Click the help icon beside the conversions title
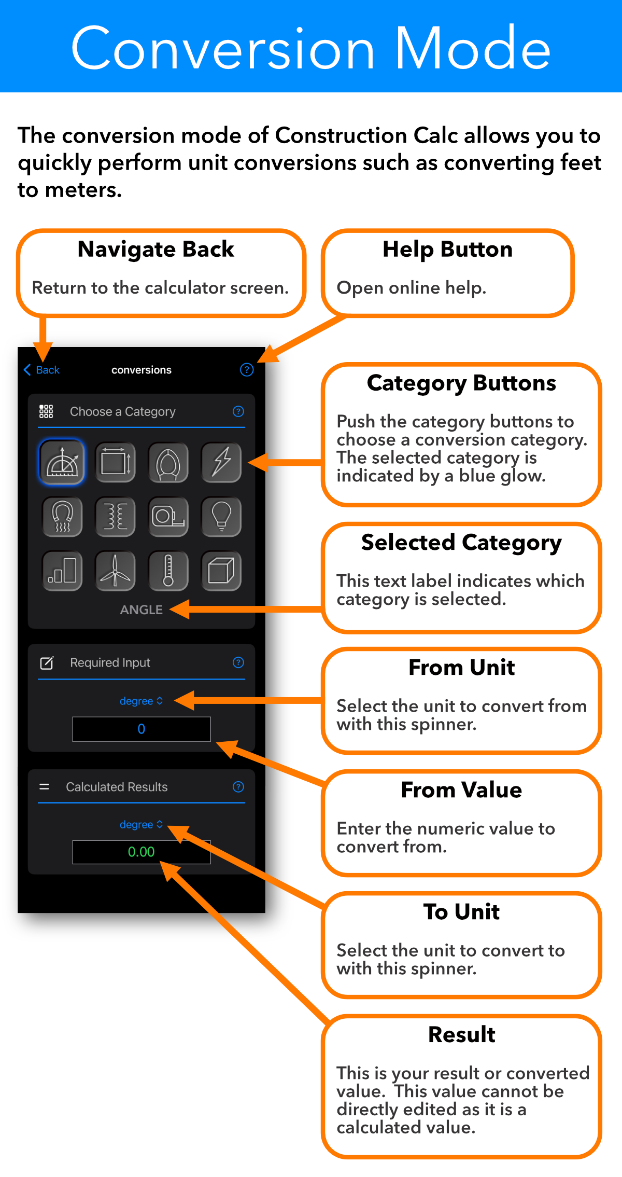coord(247,370)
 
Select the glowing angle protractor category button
coord(62,462)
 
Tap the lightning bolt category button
coord(221,462)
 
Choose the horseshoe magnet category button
coord(62,517)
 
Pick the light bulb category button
coord(221,517)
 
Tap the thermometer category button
coord(168,571)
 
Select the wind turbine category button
coord(115,571)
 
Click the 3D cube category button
coord(221,571)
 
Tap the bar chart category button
coord(62,571)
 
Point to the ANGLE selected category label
coord(142,610)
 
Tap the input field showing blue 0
coord(142,729)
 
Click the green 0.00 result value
coord(142,852)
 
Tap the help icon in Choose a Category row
coord(238,411)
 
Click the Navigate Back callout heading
coord(156,250)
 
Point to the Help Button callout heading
coord(448,250)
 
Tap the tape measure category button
coord(168,517)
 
